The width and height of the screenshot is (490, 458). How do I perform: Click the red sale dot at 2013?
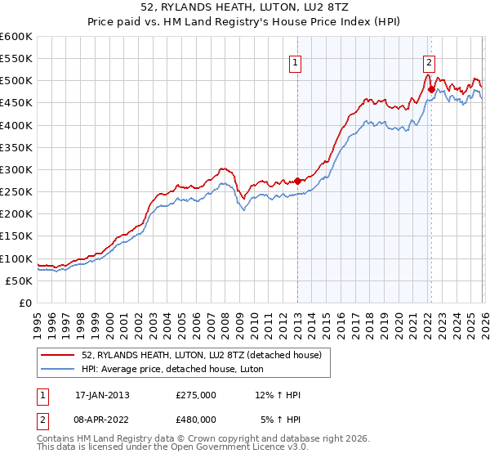pos(297,181)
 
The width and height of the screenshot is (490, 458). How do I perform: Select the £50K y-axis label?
pos(18,281)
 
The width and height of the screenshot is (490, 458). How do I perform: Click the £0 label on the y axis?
pos(24,303)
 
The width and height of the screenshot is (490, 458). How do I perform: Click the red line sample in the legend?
pos(58,354)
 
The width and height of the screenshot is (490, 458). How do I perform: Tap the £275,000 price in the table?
pos(196,395)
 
